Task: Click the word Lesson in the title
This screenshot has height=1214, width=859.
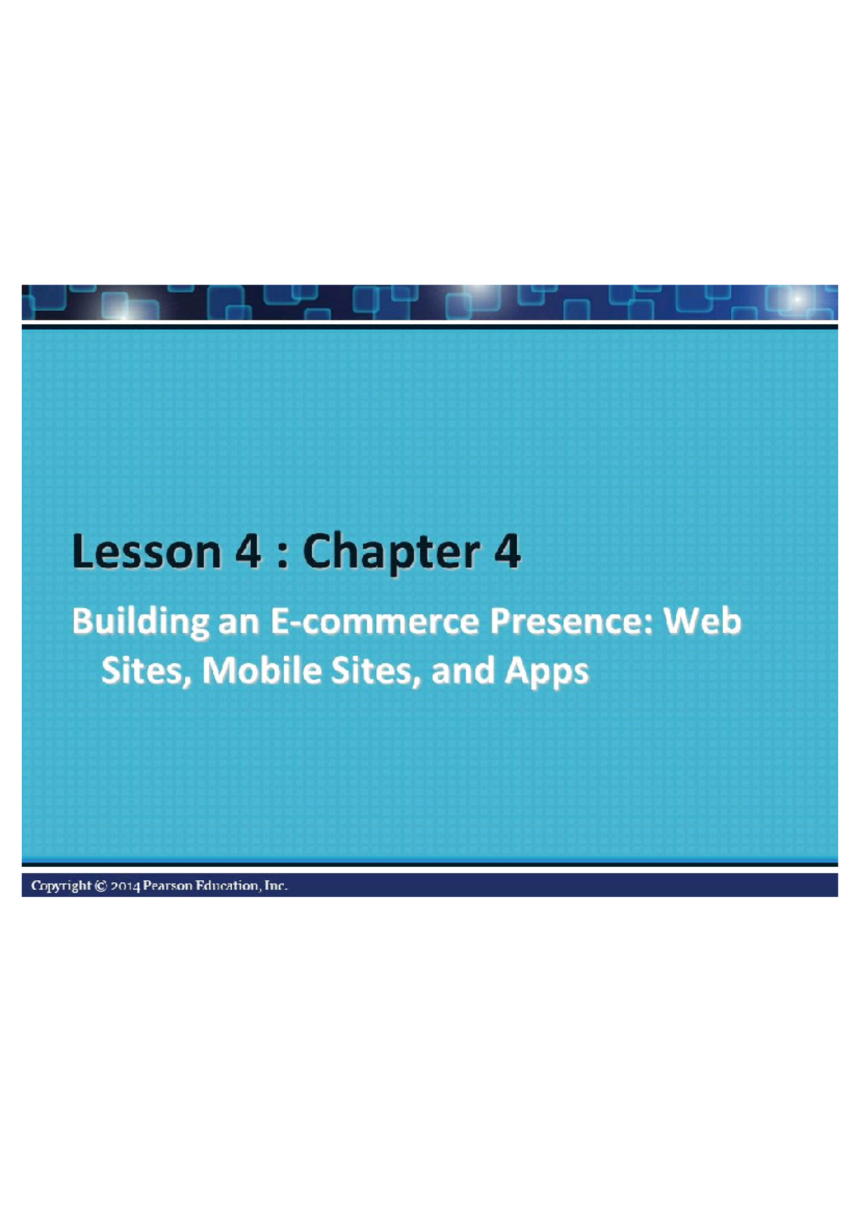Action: [147, 553]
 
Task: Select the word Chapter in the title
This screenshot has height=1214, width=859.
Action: [391, 553]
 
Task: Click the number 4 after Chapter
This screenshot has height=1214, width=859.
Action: [507, 553]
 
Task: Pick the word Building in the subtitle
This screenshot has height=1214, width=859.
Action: [140, 622]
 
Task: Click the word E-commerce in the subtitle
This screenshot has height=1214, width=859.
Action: [374, 622]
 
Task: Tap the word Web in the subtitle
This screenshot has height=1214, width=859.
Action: [702, 622]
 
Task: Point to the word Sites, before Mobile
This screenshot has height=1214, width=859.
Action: [147, 671]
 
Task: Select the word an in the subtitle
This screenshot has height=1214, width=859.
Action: [238, 622]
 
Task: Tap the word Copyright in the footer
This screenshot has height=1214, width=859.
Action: [61, 886]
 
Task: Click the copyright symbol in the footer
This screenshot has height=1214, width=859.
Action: [101, 886]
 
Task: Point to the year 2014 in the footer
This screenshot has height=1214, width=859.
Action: [125, 886]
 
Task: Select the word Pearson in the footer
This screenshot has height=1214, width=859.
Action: [168, 886]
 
